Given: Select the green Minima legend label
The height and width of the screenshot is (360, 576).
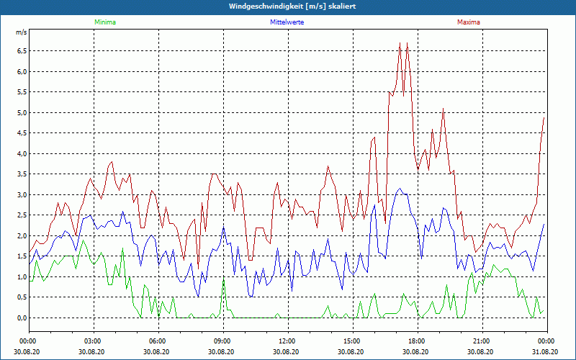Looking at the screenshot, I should point(104,22).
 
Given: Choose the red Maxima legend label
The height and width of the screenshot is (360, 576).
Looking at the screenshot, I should point(468,22).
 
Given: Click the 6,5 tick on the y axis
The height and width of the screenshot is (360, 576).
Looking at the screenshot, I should point(21,51).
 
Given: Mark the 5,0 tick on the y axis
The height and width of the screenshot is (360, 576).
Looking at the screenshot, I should point(21,113).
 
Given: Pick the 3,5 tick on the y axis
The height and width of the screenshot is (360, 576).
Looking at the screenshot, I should point(21,174).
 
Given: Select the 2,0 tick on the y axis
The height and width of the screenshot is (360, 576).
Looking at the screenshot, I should point(21,236).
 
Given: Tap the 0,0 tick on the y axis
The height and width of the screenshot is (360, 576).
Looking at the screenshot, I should point(21,318).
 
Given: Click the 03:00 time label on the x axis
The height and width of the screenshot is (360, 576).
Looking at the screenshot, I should point(93,341).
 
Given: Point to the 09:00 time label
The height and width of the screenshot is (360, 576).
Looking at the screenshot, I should point(222,341).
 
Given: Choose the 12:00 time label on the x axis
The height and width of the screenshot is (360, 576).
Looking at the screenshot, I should point(287,341).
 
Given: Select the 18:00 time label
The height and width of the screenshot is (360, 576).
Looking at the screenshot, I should point(417,341).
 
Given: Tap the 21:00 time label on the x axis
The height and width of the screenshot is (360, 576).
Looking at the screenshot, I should point(482,341).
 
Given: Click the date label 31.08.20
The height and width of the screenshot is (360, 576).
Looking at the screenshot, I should point(546,352).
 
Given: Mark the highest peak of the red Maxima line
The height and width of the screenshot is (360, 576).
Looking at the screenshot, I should point(400,43).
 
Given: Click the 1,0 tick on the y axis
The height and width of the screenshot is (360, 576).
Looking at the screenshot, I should point(21,277).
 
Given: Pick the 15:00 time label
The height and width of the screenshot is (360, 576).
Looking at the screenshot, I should point(352,341).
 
